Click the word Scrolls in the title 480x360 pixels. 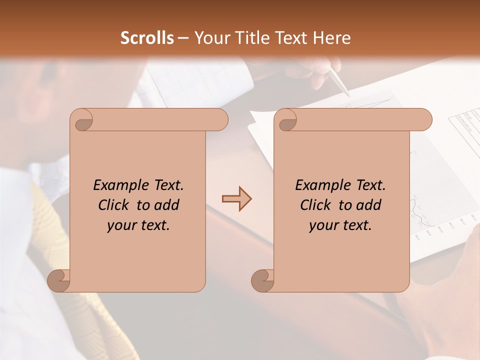[147, 38]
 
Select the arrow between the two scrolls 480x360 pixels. [236, 199]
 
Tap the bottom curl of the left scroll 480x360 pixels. [58, 280]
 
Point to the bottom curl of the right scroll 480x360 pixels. [262, 280]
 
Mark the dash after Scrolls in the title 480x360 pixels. [183, 38]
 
